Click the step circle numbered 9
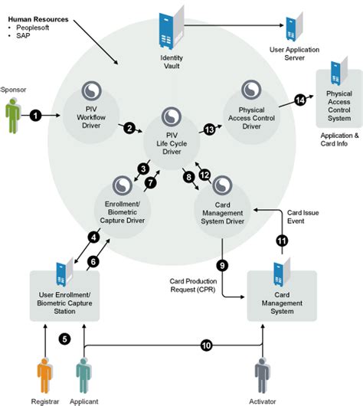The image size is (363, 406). pos(223,265)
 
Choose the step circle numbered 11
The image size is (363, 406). pos(281,241)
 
